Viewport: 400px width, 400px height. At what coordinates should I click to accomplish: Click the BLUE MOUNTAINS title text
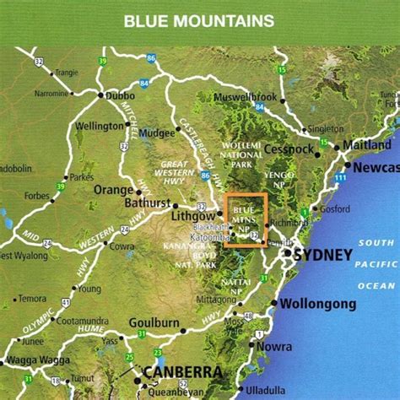[199, 20]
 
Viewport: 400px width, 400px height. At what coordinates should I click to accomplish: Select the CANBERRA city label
[183, 372]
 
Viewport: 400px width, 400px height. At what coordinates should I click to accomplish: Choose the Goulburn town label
[154, 323]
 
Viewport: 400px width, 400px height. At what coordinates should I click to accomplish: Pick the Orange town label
[113, 190]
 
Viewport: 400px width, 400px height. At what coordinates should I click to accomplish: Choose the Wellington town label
[100, 127]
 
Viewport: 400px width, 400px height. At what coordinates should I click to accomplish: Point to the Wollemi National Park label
[240, 156]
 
